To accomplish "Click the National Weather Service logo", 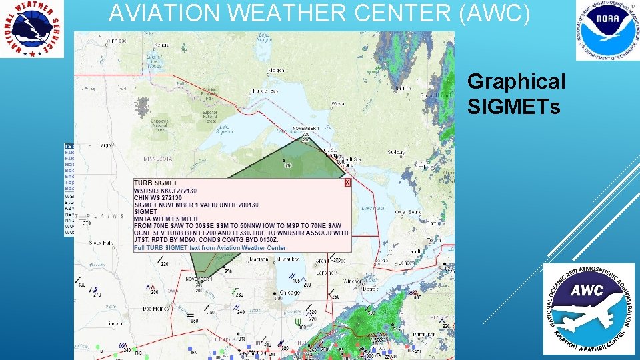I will point(32,29).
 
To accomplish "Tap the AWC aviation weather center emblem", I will point(589,308).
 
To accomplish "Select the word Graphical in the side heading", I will point(516,81).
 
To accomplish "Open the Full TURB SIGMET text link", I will point(209,248).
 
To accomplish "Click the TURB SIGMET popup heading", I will point(156,183).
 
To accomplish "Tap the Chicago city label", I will point(290,292).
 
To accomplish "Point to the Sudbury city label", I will point(395,153).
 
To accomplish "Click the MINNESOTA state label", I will point(158,159).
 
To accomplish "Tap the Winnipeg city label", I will point(115,41).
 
